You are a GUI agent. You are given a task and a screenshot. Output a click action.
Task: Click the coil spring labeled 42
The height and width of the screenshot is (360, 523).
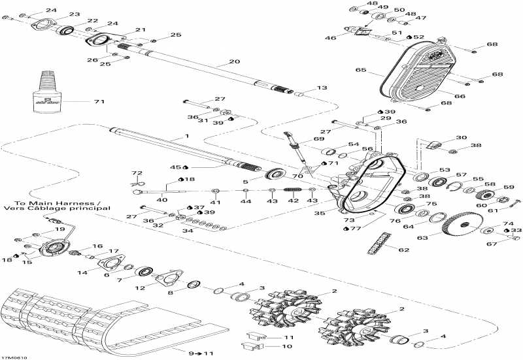[292, 190]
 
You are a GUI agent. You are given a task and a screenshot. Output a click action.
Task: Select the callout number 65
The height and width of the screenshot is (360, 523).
[360, 69]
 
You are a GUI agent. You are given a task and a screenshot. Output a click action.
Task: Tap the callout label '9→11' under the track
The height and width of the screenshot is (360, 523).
[195, 353]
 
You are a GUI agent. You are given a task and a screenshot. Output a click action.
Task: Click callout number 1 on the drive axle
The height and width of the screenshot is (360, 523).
[187, 136]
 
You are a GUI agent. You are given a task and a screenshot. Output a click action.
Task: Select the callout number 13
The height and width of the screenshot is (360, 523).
[321, 88]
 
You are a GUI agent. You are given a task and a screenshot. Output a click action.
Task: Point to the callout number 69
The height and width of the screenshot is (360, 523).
[318, 139]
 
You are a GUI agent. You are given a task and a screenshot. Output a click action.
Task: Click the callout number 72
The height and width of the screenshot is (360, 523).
[137, 172]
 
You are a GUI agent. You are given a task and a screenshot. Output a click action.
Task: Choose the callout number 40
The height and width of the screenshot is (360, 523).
[162, 200]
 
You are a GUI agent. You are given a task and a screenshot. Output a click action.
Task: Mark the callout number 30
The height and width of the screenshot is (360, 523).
[462, 138]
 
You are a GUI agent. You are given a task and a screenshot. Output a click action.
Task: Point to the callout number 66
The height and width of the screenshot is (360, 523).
[460, 96]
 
